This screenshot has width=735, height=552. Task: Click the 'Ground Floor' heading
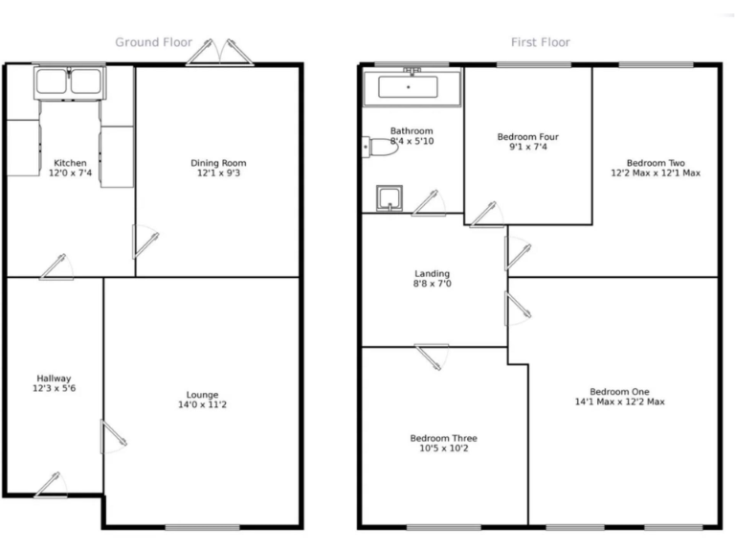153,42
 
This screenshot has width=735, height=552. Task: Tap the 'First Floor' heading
541,42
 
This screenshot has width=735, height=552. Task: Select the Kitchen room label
70,162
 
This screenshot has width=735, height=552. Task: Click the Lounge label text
202,395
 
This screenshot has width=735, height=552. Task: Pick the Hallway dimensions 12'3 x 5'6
55,389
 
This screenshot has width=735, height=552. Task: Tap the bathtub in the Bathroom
409,87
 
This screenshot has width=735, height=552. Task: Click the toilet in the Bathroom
382,149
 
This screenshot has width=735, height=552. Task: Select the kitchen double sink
70,81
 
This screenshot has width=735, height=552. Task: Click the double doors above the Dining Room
221,54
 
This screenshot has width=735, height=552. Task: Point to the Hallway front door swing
52,485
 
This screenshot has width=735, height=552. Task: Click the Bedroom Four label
527,137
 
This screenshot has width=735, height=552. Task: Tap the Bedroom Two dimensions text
656,173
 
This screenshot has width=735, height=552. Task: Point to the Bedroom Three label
443,438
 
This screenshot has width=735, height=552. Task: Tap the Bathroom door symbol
429,203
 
